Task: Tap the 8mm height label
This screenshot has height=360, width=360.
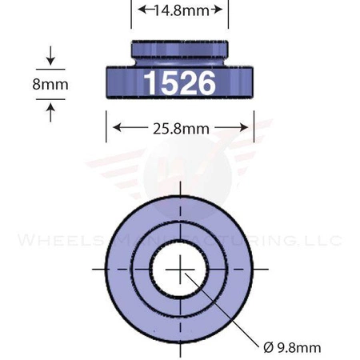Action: point(50,83)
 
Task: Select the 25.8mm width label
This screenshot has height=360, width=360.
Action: point(180,126)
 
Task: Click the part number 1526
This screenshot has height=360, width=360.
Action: point(179,82)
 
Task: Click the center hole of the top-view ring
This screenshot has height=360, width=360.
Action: point(183,268)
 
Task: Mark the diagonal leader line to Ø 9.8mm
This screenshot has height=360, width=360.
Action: point(228,312)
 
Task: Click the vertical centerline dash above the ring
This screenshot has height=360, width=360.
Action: point(183,189)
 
